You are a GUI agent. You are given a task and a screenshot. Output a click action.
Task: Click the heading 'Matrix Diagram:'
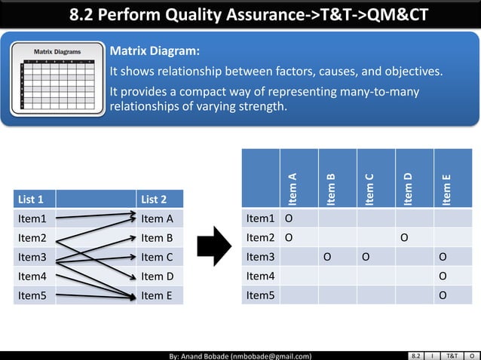click(x=155, y=52)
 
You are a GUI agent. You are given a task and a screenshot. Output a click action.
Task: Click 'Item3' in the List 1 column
click(x=32, y=258)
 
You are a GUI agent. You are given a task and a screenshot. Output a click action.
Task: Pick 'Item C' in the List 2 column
click(x=157, y=258)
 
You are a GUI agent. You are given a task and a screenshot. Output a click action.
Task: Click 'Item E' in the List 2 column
click(x=157, y=296)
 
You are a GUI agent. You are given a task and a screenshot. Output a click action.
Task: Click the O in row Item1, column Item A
click(x=288, y=219)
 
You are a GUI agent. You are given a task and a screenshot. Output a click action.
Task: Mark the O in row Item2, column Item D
click(x=405, y=238)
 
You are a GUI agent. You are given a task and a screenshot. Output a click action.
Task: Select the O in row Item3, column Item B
click(x=327, y=257)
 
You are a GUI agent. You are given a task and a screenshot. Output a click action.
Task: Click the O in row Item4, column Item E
click(x=443, y=276)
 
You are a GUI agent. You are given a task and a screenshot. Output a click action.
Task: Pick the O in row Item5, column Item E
click(x=443, y=295)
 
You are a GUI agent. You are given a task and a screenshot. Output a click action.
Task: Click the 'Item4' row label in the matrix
click(x=260, y=276)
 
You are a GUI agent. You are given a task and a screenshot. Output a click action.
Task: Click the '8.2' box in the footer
click(x=417, y=355)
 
